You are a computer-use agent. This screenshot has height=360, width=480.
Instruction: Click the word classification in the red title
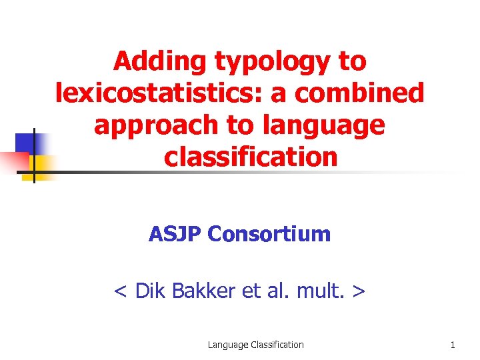[x=251, y=157]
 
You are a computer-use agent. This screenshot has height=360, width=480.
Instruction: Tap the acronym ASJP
[x=175, y=234]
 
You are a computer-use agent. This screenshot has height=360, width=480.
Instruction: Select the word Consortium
[x=269, y=234]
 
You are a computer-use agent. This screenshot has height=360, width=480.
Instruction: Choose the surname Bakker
[x=203, y=291]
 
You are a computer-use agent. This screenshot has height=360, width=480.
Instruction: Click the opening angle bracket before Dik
[x=121, y=291]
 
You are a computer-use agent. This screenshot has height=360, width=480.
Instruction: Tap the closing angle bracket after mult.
[x=359, y=291]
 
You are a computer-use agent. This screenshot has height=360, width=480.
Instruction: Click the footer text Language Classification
[x=255, y=345]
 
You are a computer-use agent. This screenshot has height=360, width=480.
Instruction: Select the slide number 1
[x=453, y=345]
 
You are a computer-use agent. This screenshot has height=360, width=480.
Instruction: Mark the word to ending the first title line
[x=353, y=61]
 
